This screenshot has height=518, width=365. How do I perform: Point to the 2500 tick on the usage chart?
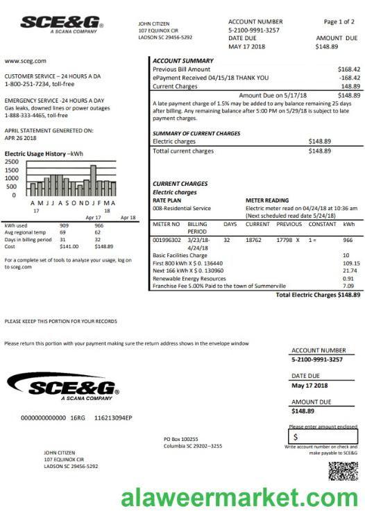[12, 162]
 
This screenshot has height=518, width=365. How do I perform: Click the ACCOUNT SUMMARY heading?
[182, 61]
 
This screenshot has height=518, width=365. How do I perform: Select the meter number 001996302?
[167, 240]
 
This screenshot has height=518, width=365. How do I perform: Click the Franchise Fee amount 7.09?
[348, 286]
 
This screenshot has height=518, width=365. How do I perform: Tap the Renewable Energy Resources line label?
[189, 279]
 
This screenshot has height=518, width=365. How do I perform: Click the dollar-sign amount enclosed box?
[323, 437]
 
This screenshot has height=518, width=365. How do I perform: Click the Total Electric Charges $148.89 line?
[318, 295]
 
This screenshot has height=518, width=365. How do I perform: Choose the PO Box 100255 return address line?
[180, 439]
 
